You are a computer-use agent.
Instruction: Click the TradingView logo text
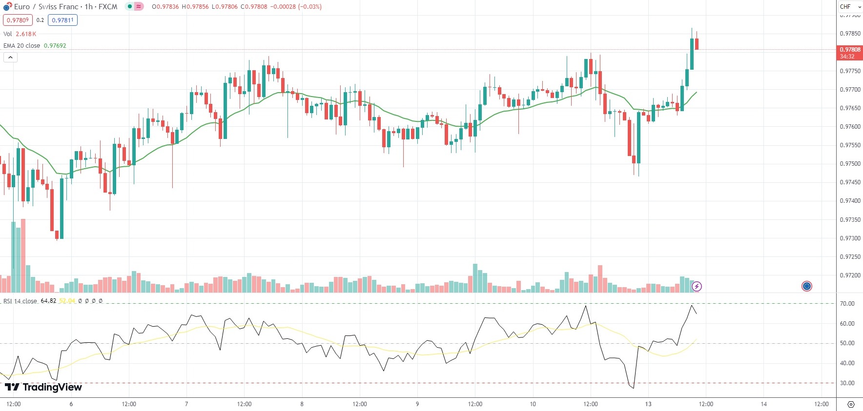coord(43,387)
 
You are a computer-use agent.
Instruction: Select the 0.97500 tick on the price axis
coord(850,164)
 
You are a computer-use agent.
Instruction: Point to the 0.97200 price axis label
coord(850,275)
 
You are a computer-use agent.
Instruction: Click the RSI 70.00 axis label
coord(847,304)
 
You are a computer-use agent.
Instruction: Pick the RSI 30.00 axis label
coord(847,383)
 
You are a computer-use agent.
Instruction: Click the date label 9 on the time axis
coord(417,404)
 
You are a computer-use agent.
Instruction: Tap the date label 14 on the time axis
coord(764,404)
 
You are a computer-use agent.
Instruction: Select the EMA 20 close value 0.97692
coord(55,46)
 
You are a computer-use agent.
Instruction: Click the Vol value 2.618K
coord(26,34)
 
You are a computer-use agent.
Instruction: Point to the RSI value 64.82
coord(48,301)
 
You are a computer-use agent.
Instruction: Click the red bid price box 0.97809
coord(18,20)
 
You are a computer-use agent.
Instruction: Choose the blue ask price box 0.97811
coord(62,20)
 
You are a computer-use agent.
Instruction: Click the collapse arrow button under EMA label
coord(10,58)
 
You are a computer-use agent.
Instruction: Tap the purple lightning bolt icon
coord(697,286)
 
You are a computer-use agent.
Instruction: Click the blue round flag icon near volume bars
coord(806,286)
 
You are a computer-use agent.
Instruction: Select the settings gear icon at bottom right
coord(851,404)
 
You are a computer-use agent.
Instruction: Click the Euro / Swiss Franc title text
coord(46,7)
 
